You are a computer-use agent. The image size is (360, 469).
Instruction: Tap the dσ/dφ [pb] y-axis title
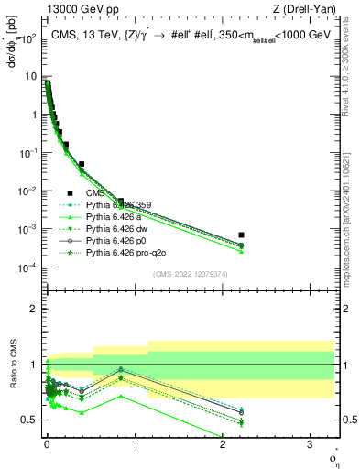pos(14,46)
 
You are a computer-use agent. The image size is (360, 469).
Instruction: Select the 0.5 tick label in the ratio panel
pos(29,420)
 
